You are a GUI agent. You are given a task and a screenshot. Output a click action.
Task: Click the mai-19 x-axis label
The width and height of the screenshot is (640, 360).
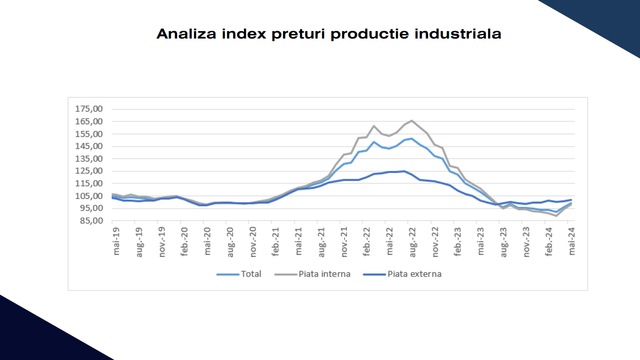[x=117, y=243]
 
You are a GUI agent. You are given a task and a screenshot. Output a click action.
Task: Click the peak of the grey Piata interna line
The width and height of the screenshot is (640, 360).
[x=412, y=121]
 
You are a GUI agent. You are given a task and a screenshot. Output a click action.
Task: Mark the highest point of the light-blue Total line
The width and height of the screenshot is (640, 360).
[x=412, y=138]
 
